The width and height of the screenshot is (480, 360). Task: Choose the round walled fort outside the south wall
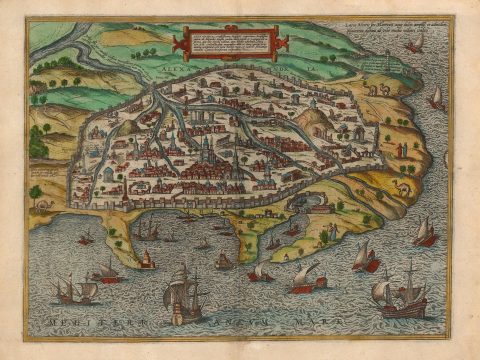321,205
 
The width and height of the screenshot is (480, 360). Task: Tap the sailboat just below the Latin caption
436,97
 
